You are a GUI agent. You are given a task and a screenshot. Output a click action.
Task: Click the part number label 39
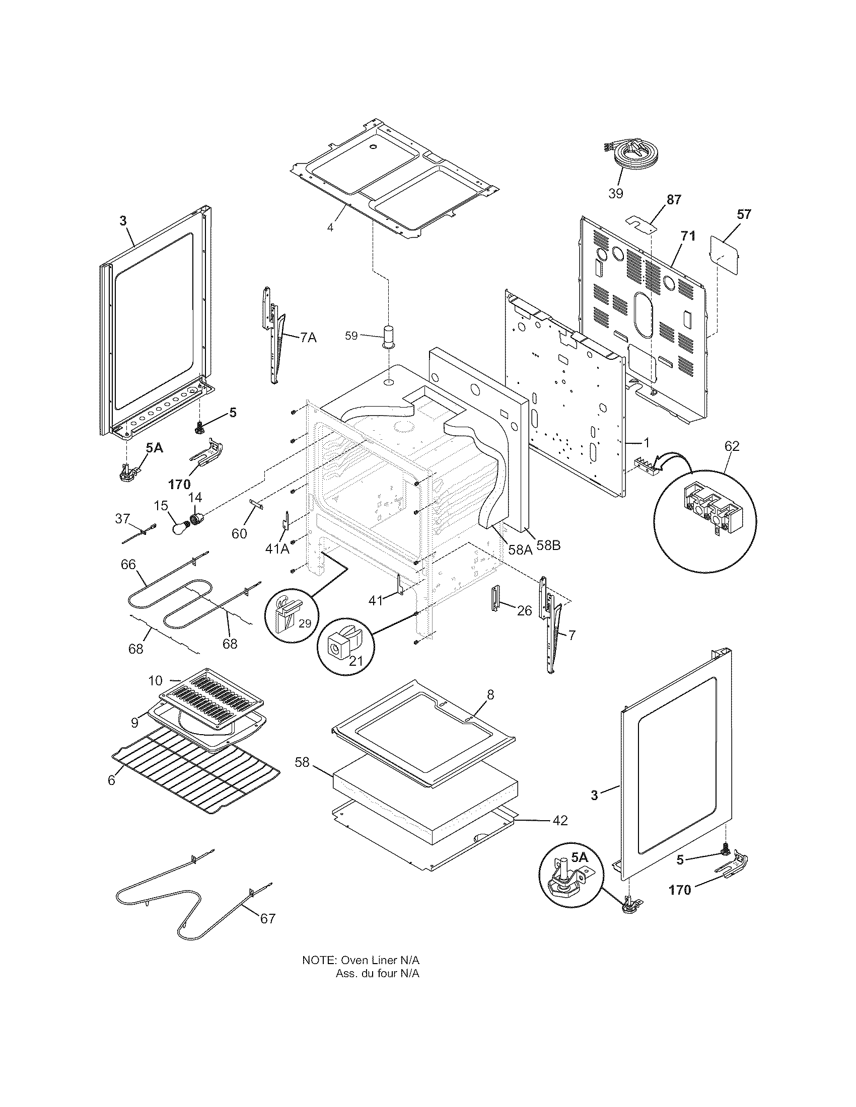pos(615,193)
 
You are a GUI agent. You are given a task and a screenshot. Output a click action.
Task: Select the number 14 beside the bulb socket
pos(195,497)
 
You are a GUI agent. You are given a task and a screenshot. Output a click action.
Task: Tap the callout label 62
pos(732,446)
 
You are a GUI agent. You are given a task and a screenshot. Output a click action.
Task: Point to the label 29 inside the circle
pos(304,623)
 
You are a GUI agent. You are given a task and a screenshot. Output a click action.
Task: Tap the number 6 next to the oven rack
pos(112,780)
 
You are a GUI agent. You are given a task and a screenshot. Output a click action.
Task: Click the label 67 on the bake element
pos(267,918)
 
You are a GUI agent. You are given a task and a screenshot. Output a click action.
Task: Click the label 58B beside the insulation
pos(548,546)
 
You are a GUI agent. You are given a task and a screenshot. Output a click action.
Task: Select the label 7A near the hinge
pos(307,337)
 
